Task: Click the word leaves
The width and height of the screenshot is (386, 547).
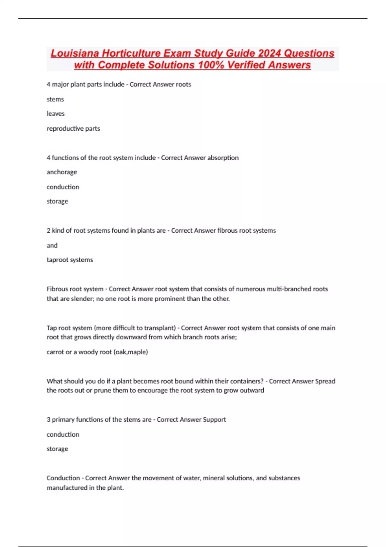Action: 56,114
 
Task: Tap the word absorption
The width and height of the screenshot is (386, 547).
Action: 223,158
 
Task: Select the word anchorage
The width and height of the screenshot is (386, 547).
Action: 62,172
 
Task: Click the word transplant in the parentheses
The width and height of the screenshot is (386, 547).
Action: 159,328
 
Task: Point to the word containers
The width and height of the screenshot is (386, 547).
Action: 247,381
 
